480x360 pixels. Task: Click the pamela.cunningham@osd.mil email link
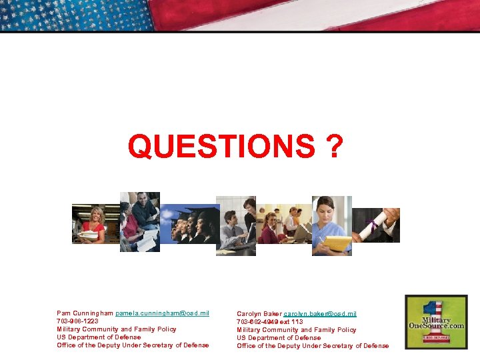pyautogui.click(x=162, y=313)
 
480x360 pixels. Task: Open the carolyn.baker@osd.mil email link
pyautogui.click(x=319, y=314)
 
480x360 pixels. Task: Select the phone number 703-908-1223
pyautogui.click(x=77, y=321)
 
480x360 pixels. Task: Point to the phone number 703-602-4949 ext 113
pyautogui.click(x=269, y=322)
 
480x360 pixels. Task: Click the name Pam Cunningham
pyautogui.click(x=85, y=313)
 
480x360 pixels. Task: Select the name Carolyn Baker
pyautogui.click(x=259, y=314)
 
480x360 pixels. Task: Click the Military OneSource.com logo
pyautogui.click(x=437, y=321)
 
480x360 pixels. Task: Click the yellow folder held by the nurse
pyautogui.click(x=339, y=243)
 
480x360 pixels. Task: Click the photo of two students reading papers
pyautogui.click(x=139, y=221)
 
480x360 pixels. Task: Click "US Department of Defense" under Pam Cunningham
pyautogui.click(x=99, y=337)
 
